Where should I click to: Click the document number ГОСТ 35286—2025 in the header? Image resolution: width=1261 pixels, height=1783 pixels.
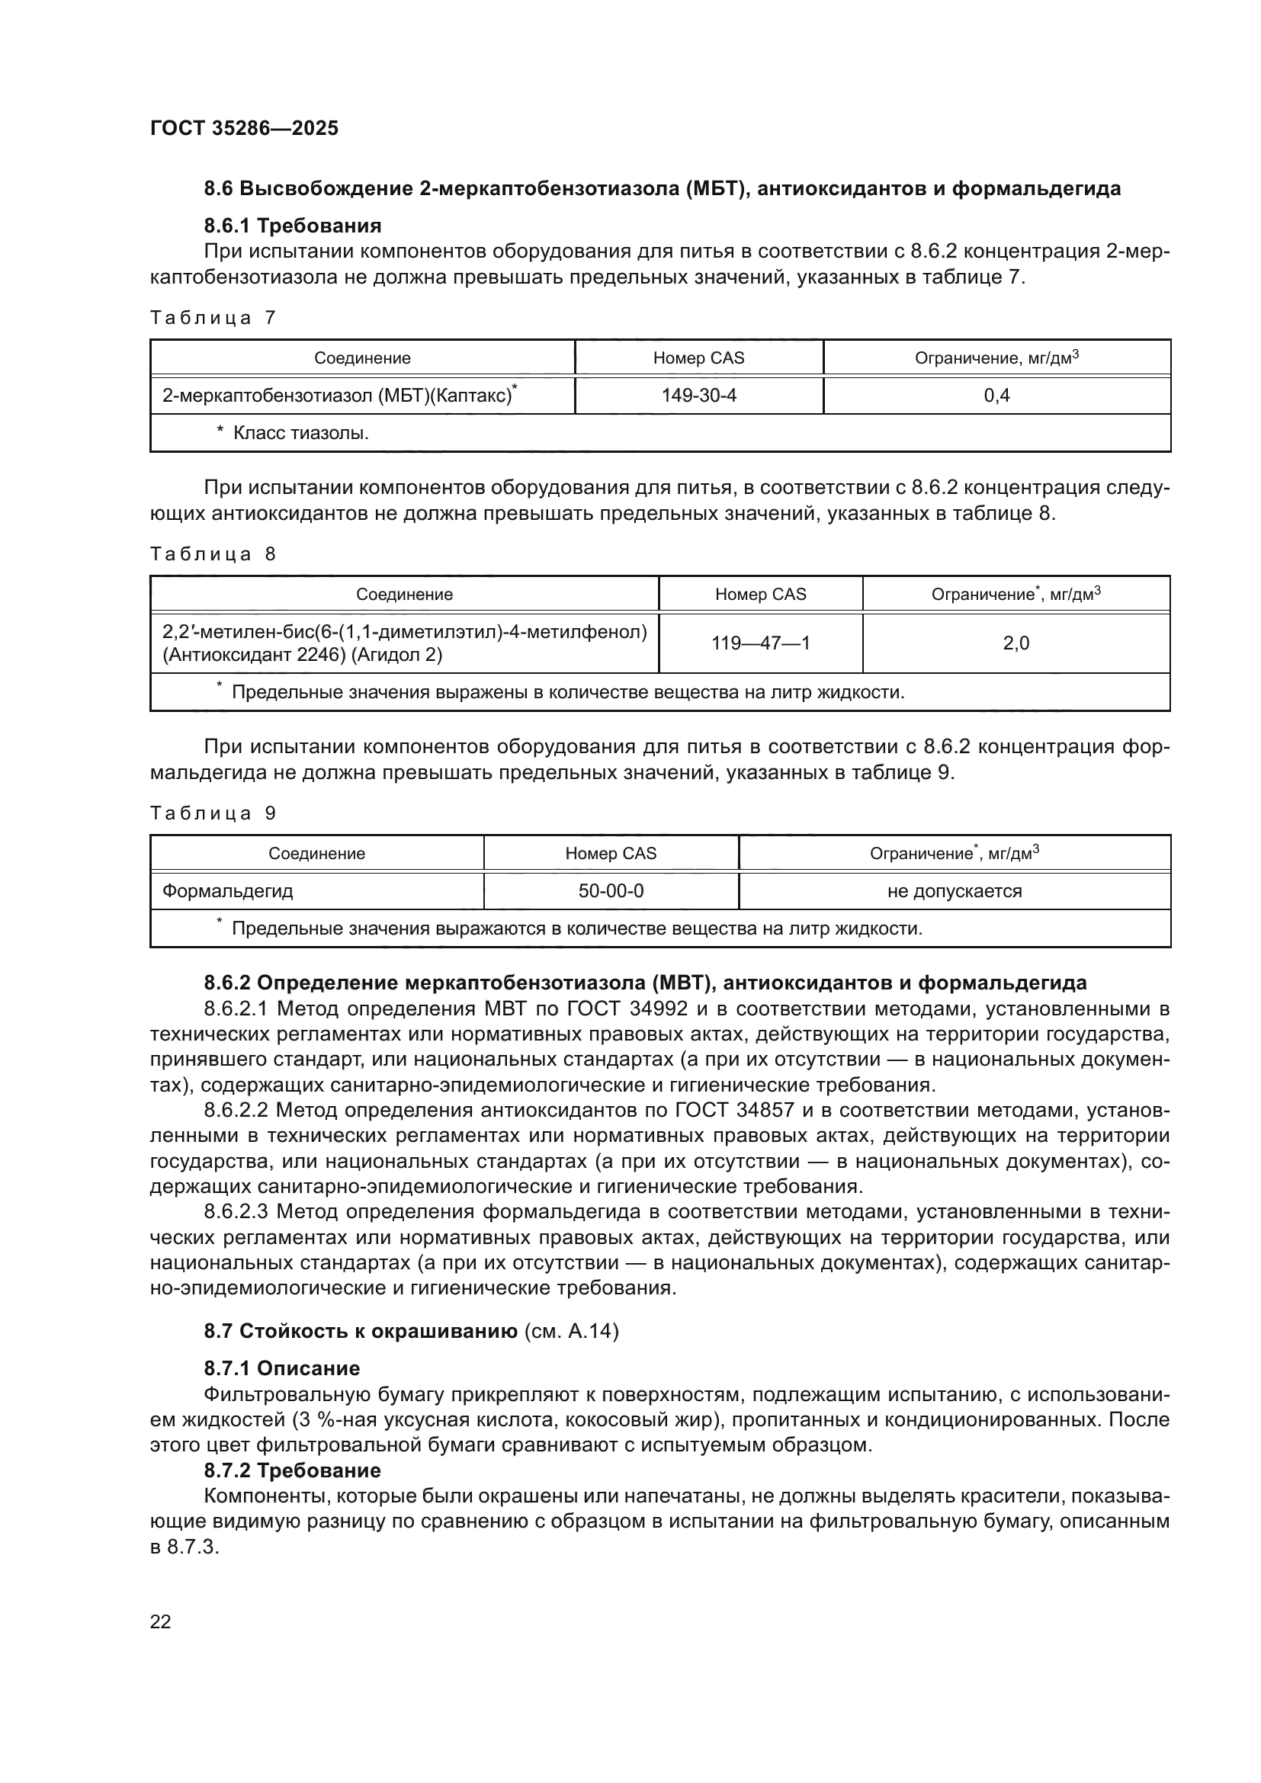tap(244, 128)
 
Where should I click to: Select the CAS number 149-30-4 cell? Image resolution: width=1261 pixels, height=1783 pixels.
tap(698, 396)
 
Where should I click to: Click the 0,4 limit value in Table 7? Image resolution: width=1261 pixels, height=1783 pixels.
tap(996, 396)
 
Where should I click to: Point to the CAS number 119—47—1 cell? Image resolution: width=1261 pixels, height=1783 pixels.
tap(760, 643)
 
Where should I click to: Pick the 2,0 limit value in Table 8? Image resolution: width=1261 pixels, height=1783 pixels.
tap(1016, 643)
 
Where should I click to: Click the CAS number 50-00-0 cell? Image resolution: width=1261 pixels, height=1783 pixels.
tap(611, 890)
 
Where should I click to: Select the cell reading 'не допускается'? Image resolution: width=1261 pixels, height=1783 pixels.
tap(955, 890)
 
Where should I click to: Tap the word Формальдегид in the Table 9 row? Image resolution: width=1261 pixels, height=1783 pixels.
tap(227, 890)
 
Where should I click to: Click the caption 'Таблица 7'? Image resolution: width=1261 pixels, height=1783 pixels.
tap(213, 318)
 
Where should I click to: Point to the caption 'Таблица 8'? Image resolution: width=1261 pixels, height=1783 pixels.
tap(213, 553)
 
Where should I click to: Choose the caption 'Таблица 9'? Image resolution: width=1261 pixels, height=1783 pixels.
tap(213, 813)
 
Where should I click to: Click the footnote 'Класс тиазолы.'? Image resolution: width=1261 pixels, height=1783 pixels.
tap(300, 432)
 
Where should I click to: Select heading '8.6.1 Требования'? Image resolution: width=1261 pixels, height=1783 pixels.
tap(292, 226)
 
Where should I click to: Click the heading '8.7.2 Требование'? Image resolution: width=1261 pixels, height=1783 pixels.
tap(292, 1470)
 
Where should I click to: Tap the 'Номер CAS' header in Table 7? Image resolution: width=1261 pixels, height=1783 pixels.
tap(698, 358)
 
